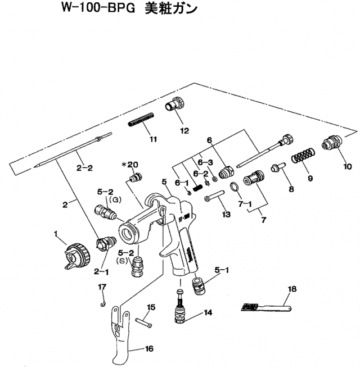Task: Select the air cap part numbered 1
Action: tap(76, 254)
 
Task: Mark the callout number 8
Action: tap(291, 189)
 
